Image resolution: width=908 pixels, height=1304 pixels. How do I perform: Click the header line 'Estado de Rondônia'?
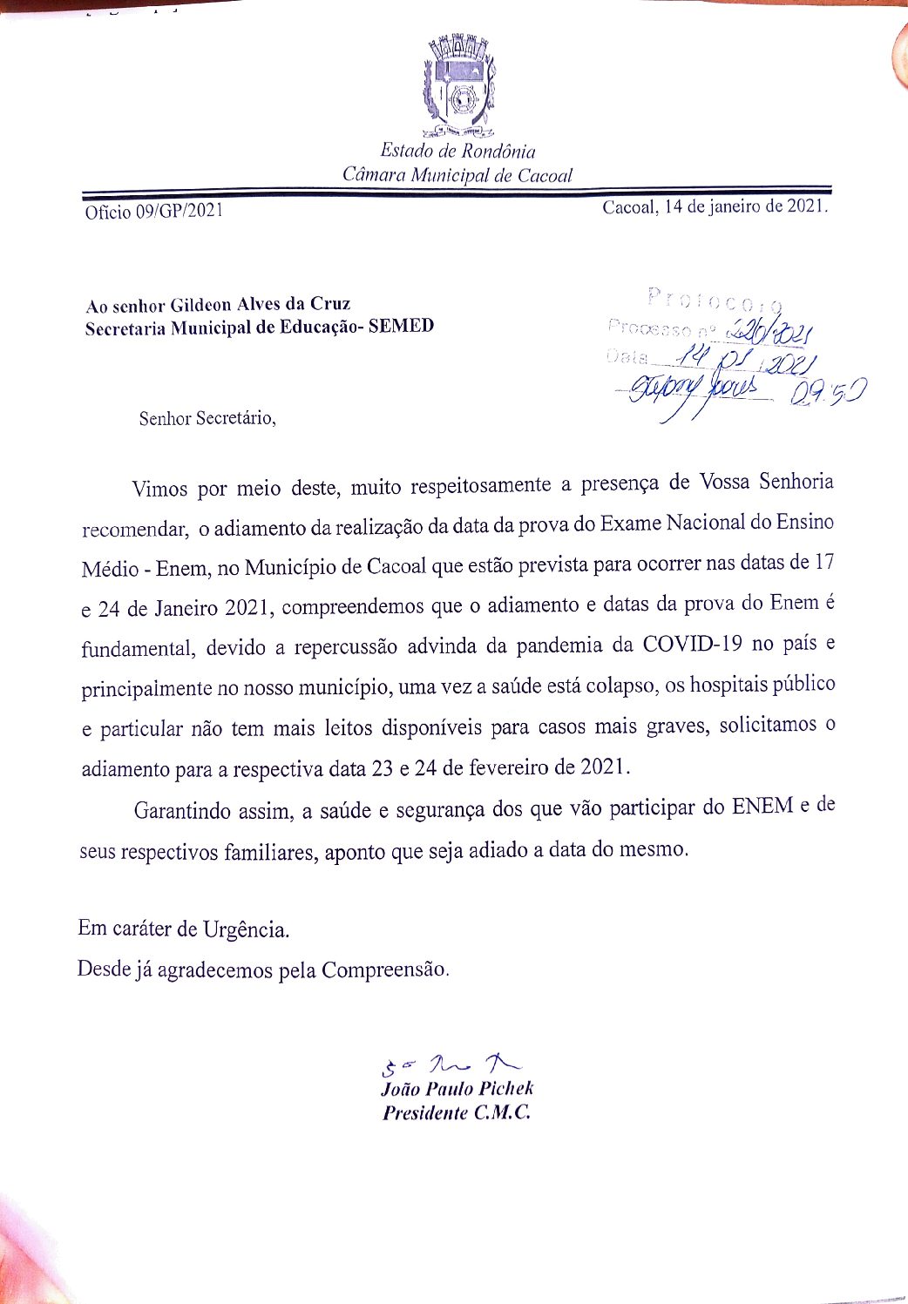pos(457,151)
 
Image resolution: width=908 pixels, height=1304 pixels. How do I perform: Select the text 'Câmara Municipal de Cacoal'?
pos(457,174)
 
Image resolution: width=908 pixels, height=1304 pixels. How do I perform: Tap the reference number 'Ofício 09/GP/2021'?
pos(153,212)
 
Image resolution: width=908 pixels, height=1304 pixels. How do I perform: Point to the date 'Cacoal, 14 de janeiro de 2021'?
pos(715,207)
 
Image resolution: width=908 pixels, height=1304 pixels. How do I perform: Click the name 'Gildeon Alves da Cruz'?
pos(260,305)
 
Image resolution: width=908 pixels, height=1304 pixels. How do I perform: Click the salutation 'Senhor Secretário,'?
pos(207,418)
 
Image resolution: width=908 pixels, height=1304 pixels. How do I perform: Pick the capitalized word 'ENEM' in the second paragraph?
pos(762,806)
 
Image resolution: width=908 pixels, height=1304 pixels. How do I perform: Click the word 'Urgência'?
pos(246,929)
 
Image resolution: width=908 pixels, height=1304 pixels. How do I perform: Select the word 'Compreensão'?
pos(385,970)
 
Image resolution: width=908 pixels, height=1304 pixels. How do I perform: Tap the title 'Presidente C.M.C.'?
pos(457,1112)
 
